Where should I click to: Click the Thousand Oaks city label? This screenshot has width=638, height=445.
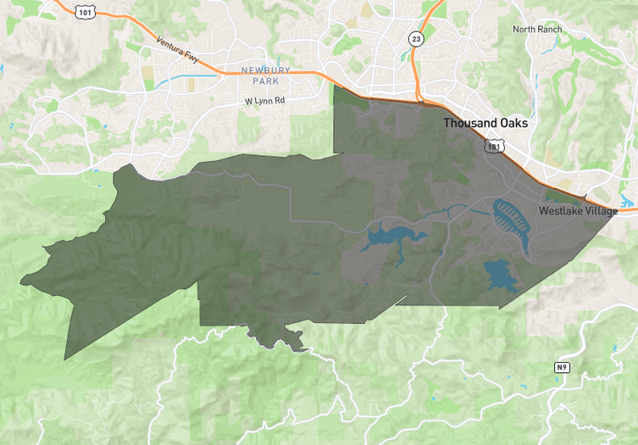point(485,123)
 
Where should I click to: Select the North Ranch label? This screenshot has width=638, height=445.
point(537,30)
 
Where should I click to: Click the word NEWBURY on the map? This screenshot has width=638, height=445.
point(265,70)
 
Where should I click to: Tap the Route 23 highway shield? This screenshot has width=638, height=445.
point(415,38)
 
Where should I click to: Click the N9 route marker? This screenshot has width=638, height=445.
point(562,367)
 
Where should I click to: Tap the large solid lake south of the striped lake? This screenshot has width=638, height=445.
point(501,276)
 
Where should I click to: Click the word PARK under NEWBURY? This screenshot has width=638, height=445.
point(265,81)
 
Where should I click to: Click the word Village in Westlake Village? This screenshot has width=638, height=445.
point(596,210)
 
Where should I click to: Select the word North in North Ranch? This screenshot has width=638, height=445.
point(525,30)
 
